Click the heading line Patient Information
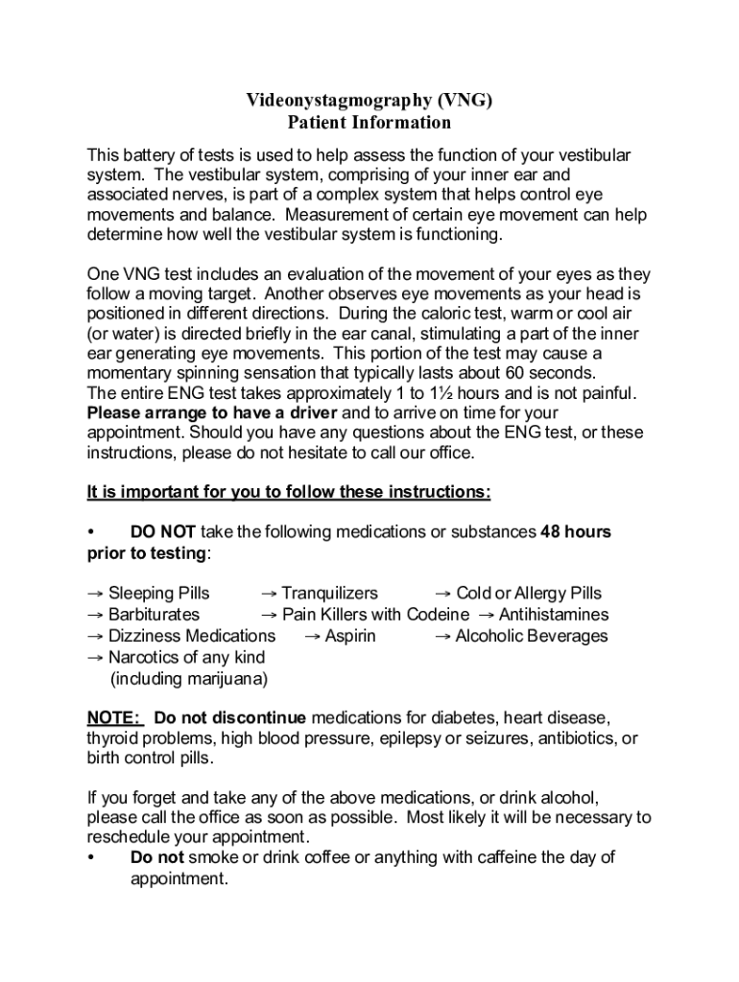coord(369,123)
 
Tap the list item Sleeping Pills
coord(158,594)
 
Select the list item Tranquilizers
coord(329,594)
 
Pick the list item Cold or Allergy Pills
coord(529,594)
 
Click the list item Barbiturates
coord(154,615)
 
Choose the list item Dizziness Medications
coord(191,636)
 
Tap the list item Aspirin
coord(349,636)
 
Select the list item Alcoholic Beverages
coord(531,636)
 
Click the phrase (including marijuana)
coord(189,679)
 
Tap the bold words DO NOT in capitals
coord(163,531)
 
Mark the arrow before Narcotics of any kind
coord(95,658)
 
